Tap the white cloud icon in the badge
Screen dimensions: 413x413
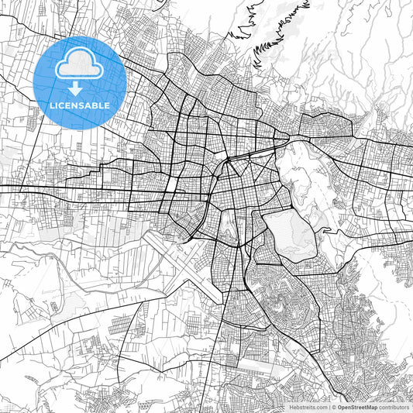coord(81,67)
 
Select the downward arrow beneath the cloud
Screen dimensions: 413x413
coord(76,89)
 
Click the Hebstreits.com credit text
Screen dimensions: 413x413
coord(308,407)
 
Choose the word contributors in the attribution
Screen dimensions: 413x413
coord(394,407)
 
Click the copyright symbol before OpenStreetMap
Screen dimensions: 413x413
coord(332,407)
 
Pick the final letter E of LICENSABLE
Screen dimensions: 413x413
coord(107,105)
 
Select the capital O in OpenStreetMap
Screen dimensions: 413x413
coord(339,407)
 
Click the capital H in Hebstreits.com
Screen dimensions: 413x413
coord(291,407)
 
